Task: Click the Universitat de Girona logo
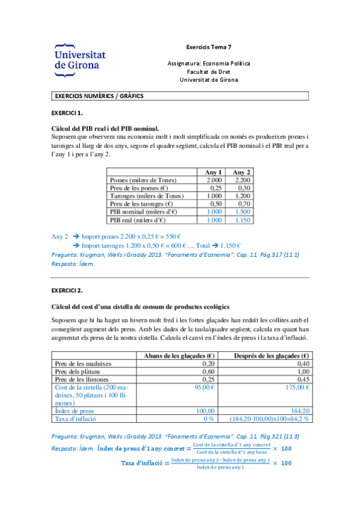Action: click(79, 60)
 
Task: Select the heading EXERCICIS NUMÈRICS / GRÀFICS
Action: click(99, 96)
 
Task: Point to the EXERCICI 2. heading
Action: click(67, 291)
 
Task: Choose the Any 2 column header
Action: click(242, 172)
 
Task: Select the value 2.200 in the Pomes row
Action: click(242, 180)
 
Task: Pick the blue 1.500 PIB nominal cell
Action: click(242, 212)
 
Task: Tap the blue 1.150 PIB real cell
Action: click(242, 220)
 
